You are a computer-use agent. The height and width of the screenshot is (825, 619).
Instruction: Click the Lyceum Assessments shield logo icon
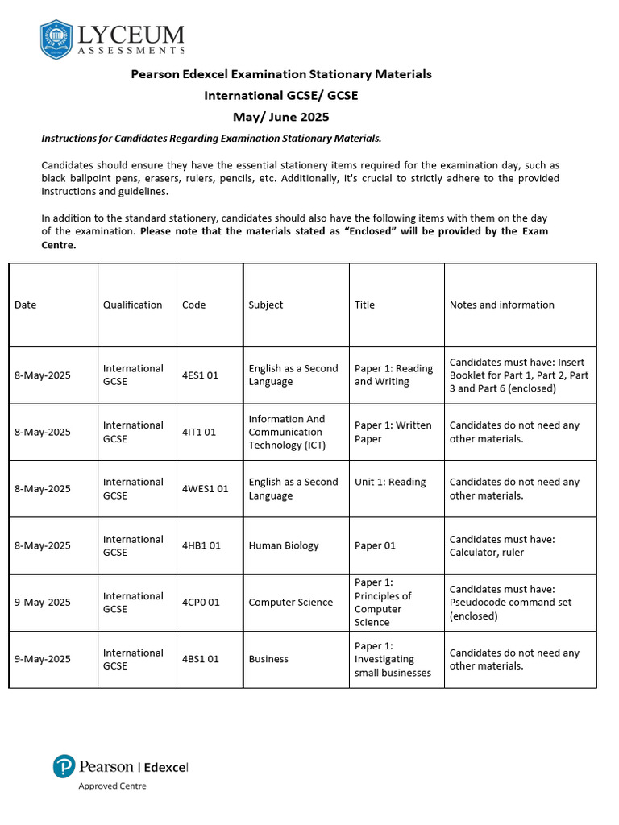56,39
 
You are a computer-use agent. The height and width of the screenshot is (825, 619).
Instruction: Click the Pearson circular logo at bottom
64,766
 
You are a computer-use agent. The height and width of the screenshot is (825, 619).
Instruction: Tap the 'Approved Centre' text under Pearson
112,786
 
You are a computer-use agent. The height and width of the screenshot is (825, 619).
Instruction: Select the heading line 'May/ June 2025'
280,117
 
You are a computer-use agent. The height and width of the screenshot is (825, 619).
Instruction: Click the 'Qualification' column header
132,305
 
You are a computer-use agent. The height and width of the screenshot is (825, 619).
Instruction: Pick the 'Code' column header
193,305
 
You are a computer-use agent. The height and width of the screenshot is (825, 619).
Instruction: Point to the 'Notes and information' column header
501,305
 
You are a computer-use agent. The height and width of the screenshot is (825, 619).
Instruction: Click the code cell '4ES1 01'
200,375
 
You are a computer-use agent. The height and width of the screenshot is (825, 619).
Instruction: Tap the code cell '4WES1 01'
205,489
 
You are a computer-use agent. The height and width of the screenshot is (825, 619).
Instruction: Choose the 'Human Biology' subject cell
284,545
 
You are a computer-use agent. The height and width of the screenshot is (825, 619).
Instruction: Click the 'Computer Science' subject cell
290,603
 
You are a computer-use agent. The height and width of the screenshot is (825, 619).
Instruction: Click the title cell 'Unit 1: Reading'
389,482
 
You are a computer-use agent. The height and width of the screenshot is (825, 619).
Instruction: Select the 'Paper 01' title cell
375,545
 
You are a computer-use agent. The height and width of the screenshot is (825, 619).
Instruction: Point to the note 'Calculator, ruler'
487,553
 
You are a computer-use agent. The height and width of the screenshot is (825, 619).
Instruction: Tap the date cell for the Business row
43,659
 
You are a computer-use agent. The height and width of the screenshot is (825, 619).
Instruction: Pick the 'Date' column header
26,305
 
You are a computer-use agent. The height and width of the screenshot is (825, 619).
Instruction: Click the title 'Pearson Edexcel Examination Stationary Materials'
281,74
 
